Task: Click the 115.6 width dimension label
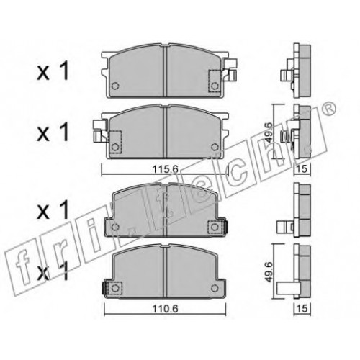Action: (x=166, y=170)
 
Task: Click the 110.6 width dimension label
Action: (x=166, y=309)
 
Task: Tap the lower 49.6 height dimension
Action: (x=269, y=272)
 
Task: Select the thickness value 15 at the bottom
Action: (x=302, y=309)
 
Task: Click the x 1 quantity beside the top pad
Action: (x=53, y=71)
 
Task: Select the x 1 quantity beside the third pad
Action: (x=53, y=210)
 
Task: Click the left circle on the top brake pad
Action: (x=115, y=86)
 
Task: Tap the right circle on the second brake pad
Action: (x=215, y=147)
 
